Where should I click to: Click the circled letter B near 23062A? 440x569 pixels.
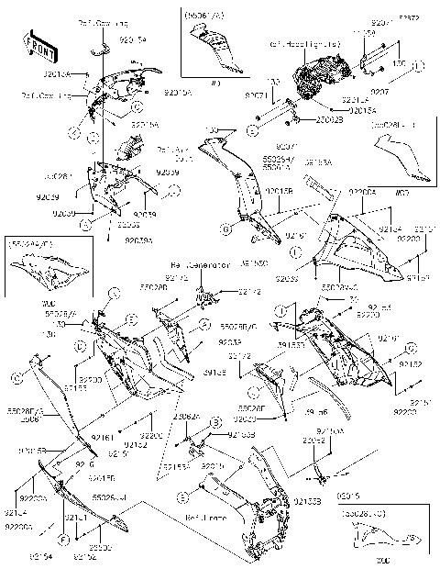[x=214, y=420]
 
